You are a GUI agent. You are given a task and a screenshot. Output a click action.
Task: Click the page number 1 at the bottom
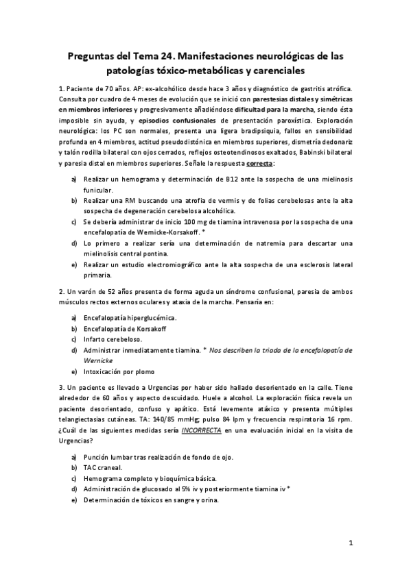[350, 543]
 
